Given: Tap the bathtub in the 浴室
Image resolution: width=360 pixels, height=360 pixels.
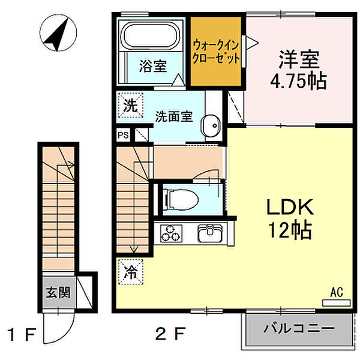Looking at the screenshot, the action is click(x=151, y=36).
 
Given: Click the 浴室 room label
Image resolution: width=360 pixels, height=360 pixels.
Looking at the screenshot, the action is click(x=153, y=66).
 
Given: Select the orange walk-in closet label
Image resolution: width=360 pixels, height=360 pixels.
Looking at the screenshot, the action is click(x=216, y=52).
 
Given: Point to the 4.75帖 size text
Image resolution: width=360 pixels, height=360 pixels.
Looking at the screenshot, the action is click(x=298, y=81).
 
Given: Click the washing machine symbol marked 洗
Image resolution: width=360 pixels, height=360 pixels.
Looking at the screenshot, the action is click(x=131, y=106).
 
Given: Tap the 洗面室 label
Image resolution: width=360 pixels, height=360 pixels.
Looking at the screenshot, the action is click(x=174, y=116).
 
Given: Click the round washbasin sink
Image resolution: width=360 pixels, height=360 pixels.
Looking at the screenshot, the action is click(x=211, y=125).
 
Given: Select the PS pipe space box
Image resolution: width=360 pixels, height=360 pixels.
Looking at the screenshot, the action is click(x=123, y=135).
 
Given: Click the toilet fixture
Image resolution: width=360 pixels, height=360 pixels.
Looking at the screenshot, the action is click(x=181, y=199).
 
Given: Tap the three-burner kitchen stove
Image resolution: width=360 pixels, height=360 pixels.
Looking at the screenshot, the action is click(x=171, y=233).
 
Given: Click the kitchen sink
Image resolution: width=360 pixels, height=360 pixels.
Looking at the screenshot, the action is click(x=210, y=233).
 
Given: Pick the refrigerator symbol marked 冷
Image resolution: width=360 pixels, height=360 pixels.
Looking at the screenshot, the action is click(x=131, y=272).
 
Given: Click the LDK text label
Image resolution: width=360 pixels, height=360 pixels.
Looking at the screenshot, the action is click(x=290, y=207).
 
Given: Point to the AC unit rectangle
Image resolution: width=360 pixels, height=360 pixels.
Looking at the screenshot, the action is click(x=337, y=303).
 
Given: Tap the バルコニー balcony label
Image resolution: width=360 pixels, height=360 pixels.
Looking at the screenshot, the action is click(x=299, y=329).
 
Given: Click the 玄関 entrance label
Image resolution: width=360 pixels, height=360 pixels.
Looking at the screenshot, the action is click(x=58, y=292).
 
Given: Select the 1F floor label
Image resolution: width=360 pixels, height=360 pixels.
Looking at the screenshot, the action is click(x=22, y=334).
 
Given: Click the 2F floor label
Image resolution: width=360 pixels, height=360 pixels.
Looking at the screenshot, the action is click(x=170, y=334).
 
